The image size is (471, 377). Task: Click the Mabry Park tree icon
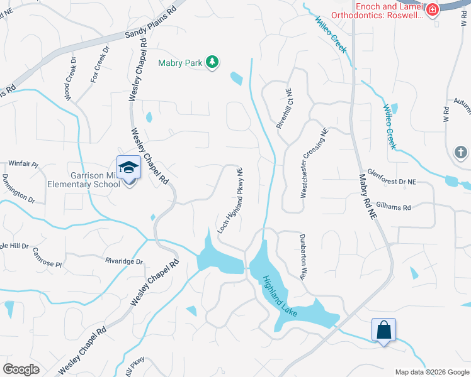[213, 62]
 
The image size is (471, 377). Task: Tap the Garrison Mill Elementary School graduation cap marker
[128, 168]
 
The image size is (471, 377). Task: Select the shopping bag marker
[383, 329]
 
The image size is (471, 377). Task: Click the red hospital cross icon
[432, 10]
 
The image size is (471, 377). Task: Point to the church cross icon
[460, 152]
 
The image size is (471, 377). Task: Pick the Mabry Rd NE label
[368, 197]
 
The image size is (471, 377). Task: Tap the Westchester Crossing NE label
[314, 164]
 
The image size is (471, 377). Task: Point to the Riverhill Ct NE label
[285, 109]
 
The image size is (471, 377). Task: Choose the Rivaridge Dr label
[125, 261]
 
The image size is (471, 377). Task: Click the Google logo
[21, 369]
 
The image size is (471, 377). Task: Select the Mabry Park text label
[181, 63]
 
